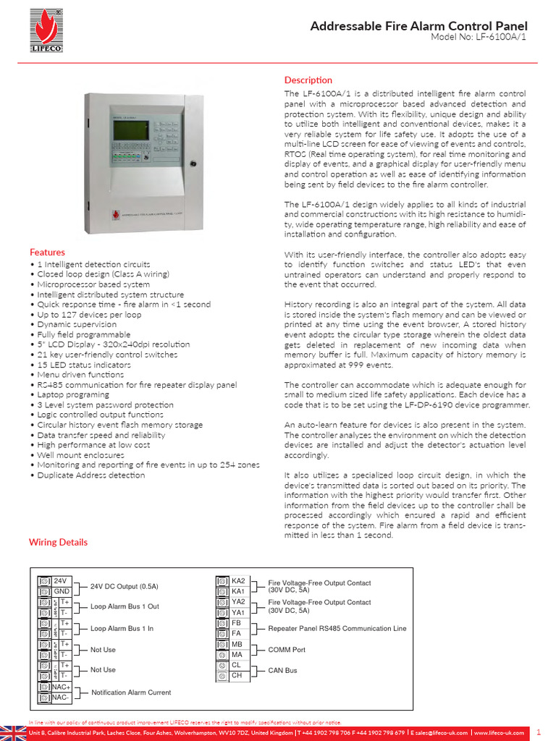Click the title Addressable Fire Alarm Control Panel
[x=418, y=26]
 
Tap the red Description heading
[x=308, y=80]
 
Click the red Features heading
[x=47, y=252]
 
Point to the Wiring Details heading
[x=58, y=541]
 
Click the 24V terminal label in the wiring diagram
[x=60, y=580]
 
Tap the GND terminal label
[x=62, y=591]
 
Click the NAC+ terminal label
[x=62, y=686]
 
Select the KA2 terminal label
[x=238, y=580]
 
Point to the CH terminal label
[x=237, y=675]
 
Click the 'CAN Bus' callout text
[x=282, y=670]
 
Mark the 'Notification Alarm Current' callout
[x=131, y=692]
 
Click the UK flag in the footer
[x=12, y=732]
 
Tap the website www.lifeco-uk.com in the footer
[x=499, y=732]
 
